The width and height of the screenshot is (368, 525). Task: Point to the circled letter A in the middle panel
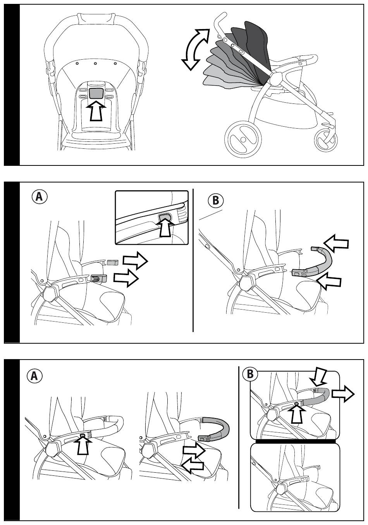pyautogui.click(x=39, y=197)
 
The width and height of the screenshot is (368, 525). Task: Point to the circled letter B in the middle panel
pyautogui.click(x=216, y=200)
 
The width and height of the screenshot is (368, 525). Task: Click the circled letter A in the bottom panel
pyautogui.click(x=34, y=375)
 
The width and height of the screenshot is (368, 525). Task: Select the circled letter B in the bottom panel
pyautogui.click(x=250, y=374)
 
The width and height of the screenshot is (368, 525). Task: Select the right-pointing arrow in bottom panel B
pyautogui.click(x=343, y=395)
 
